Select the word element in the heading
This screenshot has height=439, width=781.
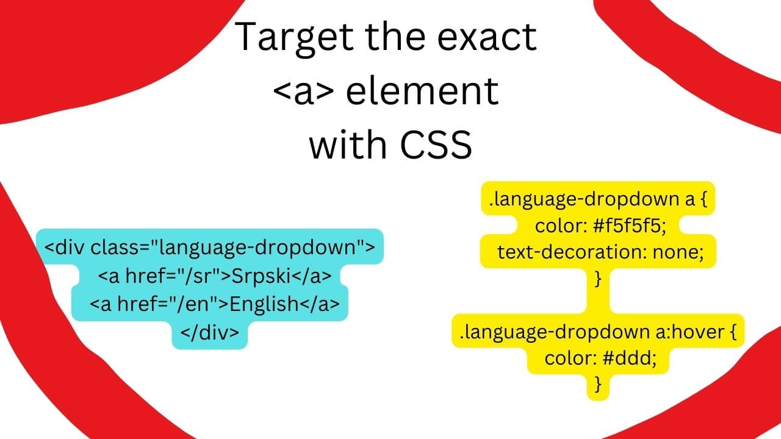click(422, 91)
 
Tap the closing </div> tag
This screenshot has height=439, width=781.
click(209, 332)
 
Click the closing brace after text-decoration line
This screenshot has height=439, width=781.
click(598, 279)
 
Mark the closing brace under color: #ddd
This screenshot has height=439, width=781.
click(598, 384)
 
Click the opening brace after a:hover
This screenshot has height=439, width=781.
click(733, 332)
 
